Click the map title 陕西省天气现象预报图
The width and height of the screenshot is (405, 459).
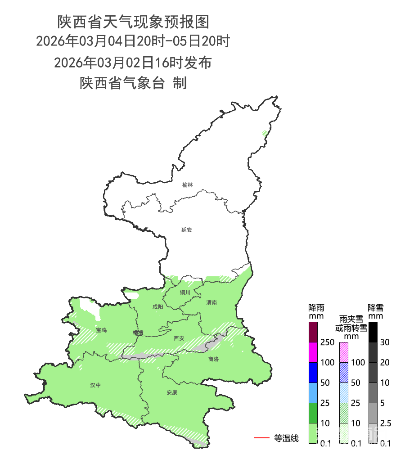[x=133, y=21]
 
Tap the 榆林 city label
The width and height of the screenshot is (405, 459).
[x=188, y=185]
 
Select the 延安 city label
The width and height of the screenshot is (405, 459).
[x=187, y=229]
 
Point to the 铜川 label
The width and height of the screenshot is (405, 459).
[x=185, y=292]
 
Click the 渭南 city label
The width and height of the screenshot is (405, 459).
[x=211, y=302]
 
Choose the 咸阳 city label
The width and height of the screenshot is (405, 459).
[x=157, y=307]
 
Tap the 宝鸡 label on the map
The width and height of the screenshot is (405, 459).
[x=101, y=330]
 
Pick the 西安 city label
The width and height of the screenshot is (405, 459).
[x=179, y=338]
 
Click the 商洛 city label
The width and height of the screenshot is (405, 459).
[x=213, y=359]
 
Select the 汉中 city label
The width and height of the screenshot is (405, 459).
[x=95, y=385]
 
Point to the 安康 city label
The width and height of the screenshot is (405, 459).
[x=172, y=392]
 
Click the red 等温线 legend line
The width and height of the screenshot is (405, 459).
[x=262, y=437]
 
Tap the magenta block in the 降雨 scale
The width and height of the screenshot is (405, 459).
[x=314, y=352]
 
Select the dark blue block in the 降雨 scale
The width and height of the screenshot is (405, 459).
[x=314, y=372]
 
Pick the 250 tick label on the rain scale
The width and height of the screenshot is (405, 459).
[x=327, y=342]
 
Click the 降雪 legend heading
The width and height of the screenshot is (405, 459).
[x=375, y=308]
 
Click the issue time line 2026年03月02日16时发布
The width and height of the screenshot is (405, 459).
[x=133, y=63]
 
